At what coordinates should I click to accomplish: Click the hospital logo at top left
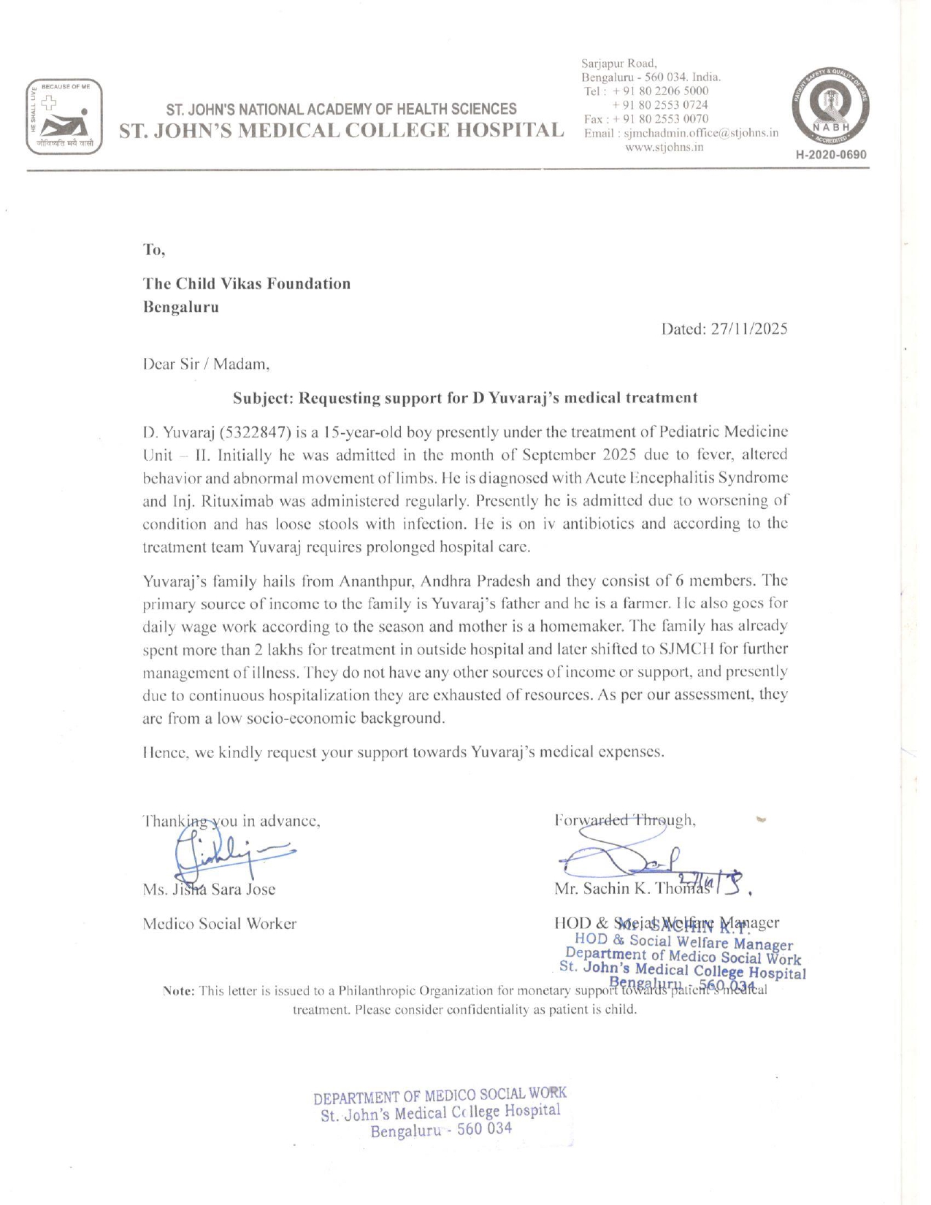point(64,117)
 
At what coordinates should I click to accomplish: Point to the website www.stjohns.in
point(664,147)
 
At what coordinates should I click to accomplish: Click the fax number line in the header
point(645,119)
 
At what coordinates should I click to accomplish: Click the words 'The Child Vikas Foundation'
point(247,283)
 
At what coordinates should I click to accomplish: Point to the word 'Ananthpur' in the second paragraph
point(377,581)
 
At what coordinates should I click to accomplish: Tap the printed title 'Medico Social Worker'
point(220,924)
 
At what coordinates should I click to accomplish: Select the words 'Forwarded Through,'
point(625,820)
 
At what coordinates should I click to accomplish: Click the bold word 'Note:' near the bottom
point(179,991)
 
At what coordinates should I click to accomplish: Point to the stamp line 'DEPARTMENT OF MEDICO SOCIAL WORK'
point(440,1095)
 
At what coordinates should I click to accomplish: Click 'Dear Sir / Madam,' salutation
point(207,364)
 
